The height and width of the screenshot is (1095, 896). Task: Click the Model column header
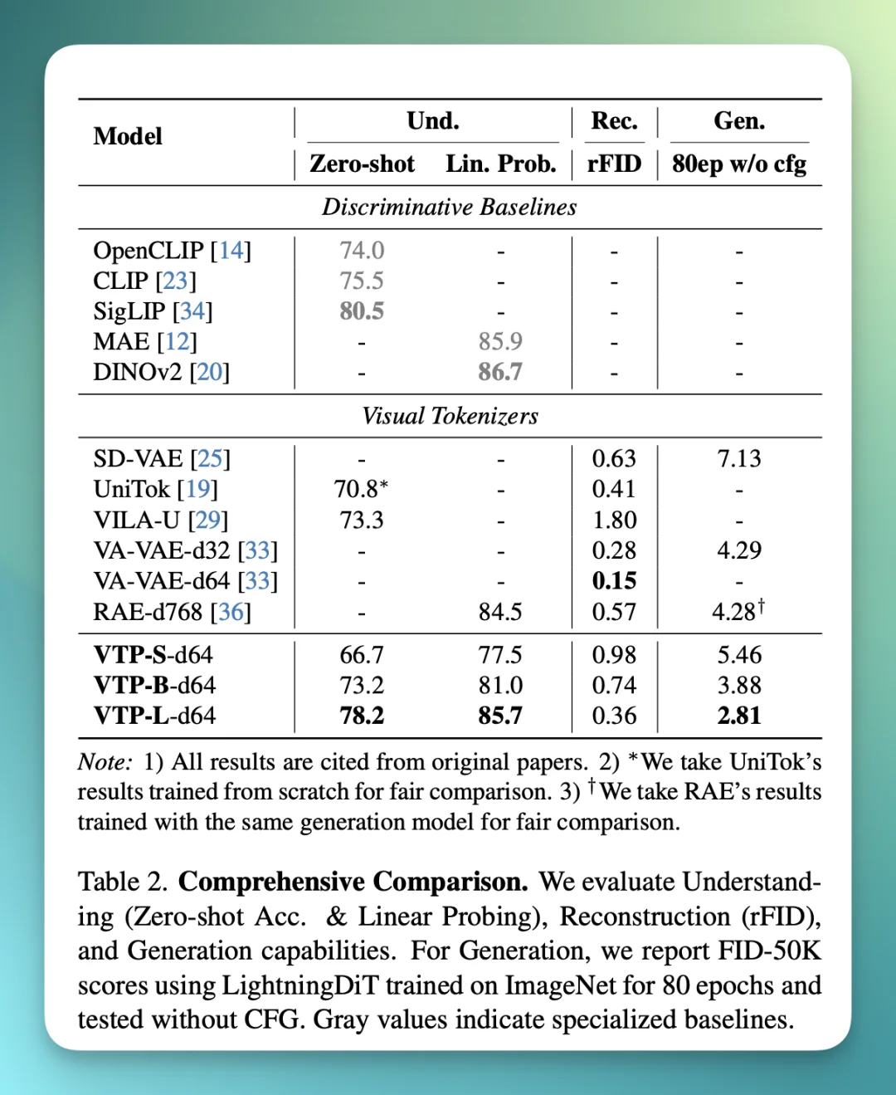tap(128, 136)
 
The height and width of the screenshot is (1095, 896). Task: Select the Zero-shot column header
tap(362, 164)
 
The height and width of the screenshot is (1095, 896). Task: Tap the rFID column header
tap(614, 164)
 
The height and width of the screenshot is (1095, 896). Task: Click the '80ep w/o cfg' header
tap(738, 164)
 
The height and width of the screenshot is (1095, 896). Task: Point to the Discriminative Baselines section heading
tap(449, 207)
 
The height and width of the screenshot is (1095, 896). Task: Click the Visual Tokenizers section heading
tap(450, 416)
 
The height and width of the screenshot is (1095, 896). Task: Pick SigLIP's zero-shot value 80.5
tap(362, 311)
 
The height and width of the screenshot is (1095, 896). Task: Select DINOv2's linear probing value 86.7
tap(500, 372)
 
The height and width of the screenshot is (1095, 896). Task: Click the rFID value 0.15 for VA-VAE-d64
tap(614, 581)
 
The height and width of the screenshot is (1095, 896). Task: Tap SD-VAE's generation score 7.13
tap(738, 459)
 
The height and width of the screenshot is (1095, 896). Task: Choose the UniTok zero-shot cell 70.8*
tap(361, 489)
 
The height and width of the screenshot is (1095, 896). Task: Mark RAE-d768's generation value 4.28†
tap(738, 612)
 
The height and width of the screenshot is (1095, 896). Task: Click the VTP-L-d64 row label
tap(154, 716)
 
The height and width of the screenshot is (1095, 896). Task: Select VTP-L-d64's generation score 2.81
tap(738, 716)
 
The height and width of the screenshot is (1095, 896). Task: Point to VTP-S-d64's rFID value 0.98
tap(614, 655)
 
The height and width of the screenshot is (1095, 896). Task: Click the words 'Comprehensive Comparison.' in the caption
tap(353, 882)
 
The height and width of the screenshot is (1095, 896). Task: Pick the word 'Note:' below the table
tap(105, 762)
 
